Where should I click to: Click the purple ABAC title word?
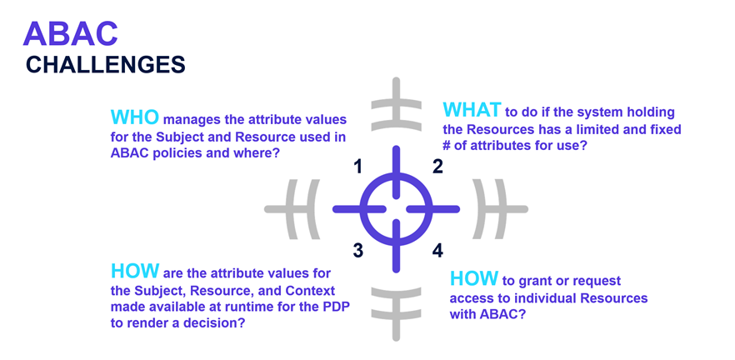coord(70,33)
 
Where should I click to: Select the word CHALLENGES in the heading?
coord(106,65)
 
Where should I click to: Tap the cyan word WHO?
coord(135,117)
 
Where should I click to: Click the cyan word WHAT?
coord(472,110)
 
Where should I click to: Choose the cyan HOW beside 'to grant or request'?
coord(474,279)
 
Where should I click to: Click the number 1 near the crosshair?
coord(358,167)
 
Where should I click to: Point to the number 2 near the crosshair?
coord(437,167)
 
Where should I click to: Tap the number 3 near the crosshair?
coord(358,251)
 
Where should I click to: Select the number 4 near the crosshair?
coord(437,251)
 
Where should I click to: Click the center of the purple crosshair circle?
coord(396,208)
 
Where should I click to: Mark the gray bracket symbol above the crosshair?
coord(397,104)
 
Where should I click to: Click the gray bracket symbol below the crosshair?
coord(397,313)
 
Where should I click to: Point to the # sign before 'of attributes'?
coord(447,145)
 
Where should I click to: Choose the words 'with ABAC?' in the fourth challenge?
coord(487,314)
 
